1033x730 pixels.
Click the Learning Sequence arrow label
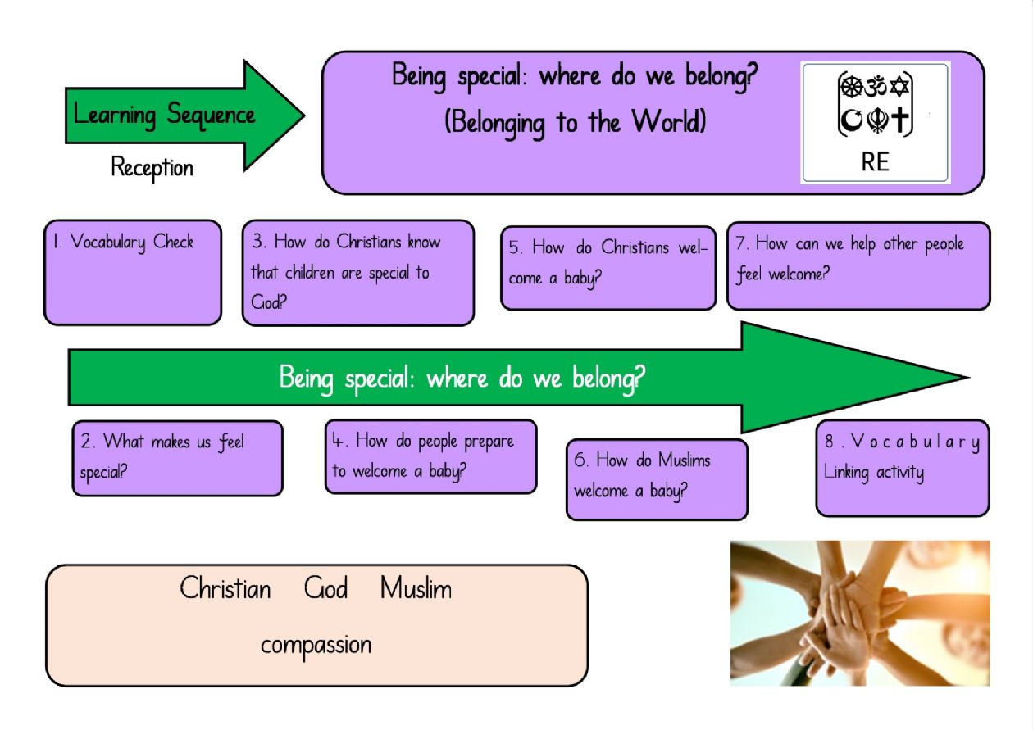(164, 116)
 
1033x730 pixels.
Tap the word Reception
(152, 168)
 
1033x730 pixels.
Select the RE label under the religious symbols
(875, 161)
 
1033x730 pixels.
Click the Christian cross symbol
(900, 120)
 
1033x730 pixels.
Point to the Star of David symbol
(899, 86)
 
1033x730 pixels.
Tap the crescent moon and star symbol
(851, 120)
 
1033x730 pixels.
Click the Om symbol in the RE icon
(875, 86)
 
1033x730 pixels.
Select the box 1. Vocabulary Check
(133, 273)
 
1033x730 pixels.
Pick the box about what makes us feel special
(178, 459)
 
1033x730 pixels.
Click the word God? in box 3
(268, 302)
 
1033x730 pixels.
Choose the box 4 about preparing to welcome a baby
(430, 456)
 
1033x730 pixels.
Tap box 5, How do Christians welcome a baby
(608, 268)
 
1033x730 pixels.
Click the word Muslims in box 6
(685, 460)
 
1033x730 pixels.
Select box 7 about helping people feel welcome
(858, 266)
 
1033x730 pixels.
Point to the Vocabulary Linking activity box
(903, 468)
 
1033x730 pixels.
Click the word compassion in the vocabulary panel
(316, 646)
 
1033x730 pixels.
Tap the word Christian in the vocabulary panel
(225, 588)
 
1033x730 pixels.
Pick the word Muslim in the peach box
(416, 588)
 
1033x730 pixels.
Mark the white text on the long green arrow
(462, 379)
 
